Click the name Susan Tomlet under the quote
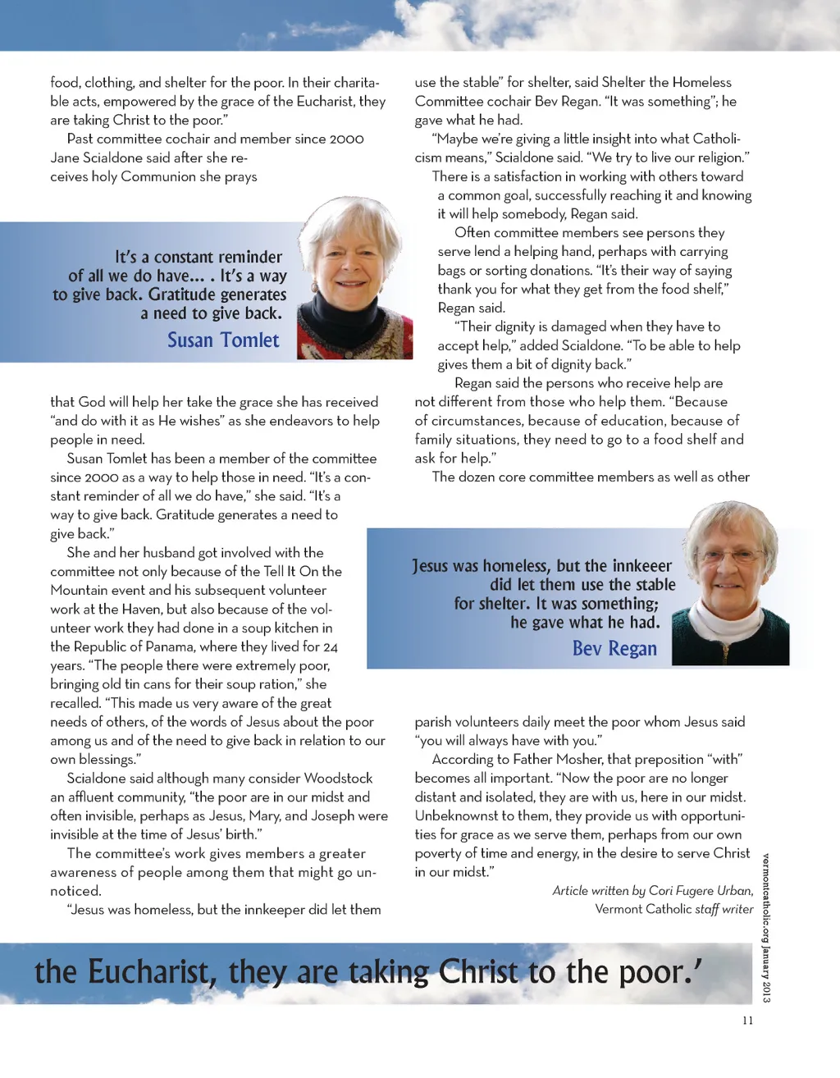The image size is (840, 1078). click(223, 340)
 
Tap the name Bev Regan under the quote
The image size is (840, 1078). click(614, 648)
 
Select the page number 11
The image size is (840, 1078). click(747, 1021)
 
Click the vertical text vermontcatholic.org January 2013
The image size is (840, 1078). click(765, 927)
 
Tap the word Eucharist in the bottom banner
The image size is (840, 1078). click(153, 972)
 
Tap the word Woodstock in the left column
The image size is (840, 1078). click(338, 778)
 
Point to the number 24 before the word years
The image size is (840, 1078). click(330, 646)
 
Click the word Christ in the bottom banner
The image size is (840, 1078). click(478, 972)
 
